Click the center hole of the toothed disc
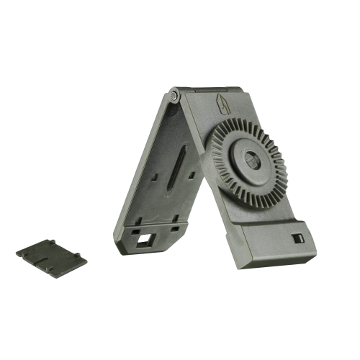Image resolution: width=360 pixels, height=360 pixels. tap(252, 161)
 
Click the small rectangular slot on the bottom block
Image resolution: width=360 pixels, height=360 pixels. tap(296, 238)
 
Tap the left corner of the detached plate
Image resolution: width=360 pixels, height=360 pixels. tap(19, 253)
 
